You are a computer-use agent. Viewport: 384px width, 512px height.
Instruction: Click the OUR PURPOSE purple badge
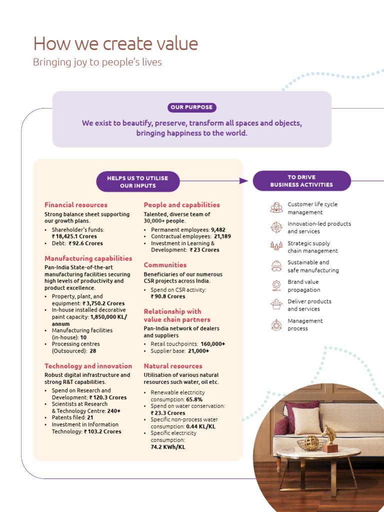click(x=192, y=107)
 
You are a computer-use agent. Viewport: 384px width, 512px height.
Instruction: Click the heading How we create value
click(x=115, y=43)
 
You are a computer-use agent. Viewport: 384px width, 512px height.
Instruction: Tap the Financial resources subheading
click(x=75, y=204)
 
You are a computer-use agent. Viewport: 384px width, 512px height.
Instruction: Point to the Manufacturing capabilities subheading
click(x=88, y=258)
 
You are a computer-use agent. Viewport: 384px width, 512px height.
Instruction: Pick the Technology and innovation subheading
click(x=88, y=366)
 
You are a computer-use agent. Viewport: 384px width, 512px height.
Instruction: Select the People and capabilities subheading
click(x=181, y=204)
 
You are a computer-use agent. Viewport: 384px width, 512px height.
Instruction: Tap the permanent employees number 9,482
click(x=214, y=230)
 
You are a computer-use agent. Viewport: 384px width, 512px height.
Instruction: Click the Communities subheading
click(x=165, y=265)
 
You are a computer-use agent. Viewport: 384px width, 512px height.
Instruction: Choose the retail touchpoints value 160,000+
click(x=212, y=344)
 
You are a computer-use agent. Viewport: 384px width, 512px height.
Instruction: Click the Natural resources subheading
click(x=173, y=366)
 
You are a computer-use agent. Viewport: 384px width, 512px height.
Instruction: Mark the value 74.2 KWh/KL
click(x=168, y=447)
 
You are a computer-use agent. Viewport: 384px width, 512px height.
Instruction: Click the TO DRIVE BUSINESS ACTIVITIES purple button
click(x=301, y=181)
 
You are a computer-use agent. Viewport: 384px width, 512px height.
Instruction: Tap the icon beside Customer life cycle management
click(x=276, y=208)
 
